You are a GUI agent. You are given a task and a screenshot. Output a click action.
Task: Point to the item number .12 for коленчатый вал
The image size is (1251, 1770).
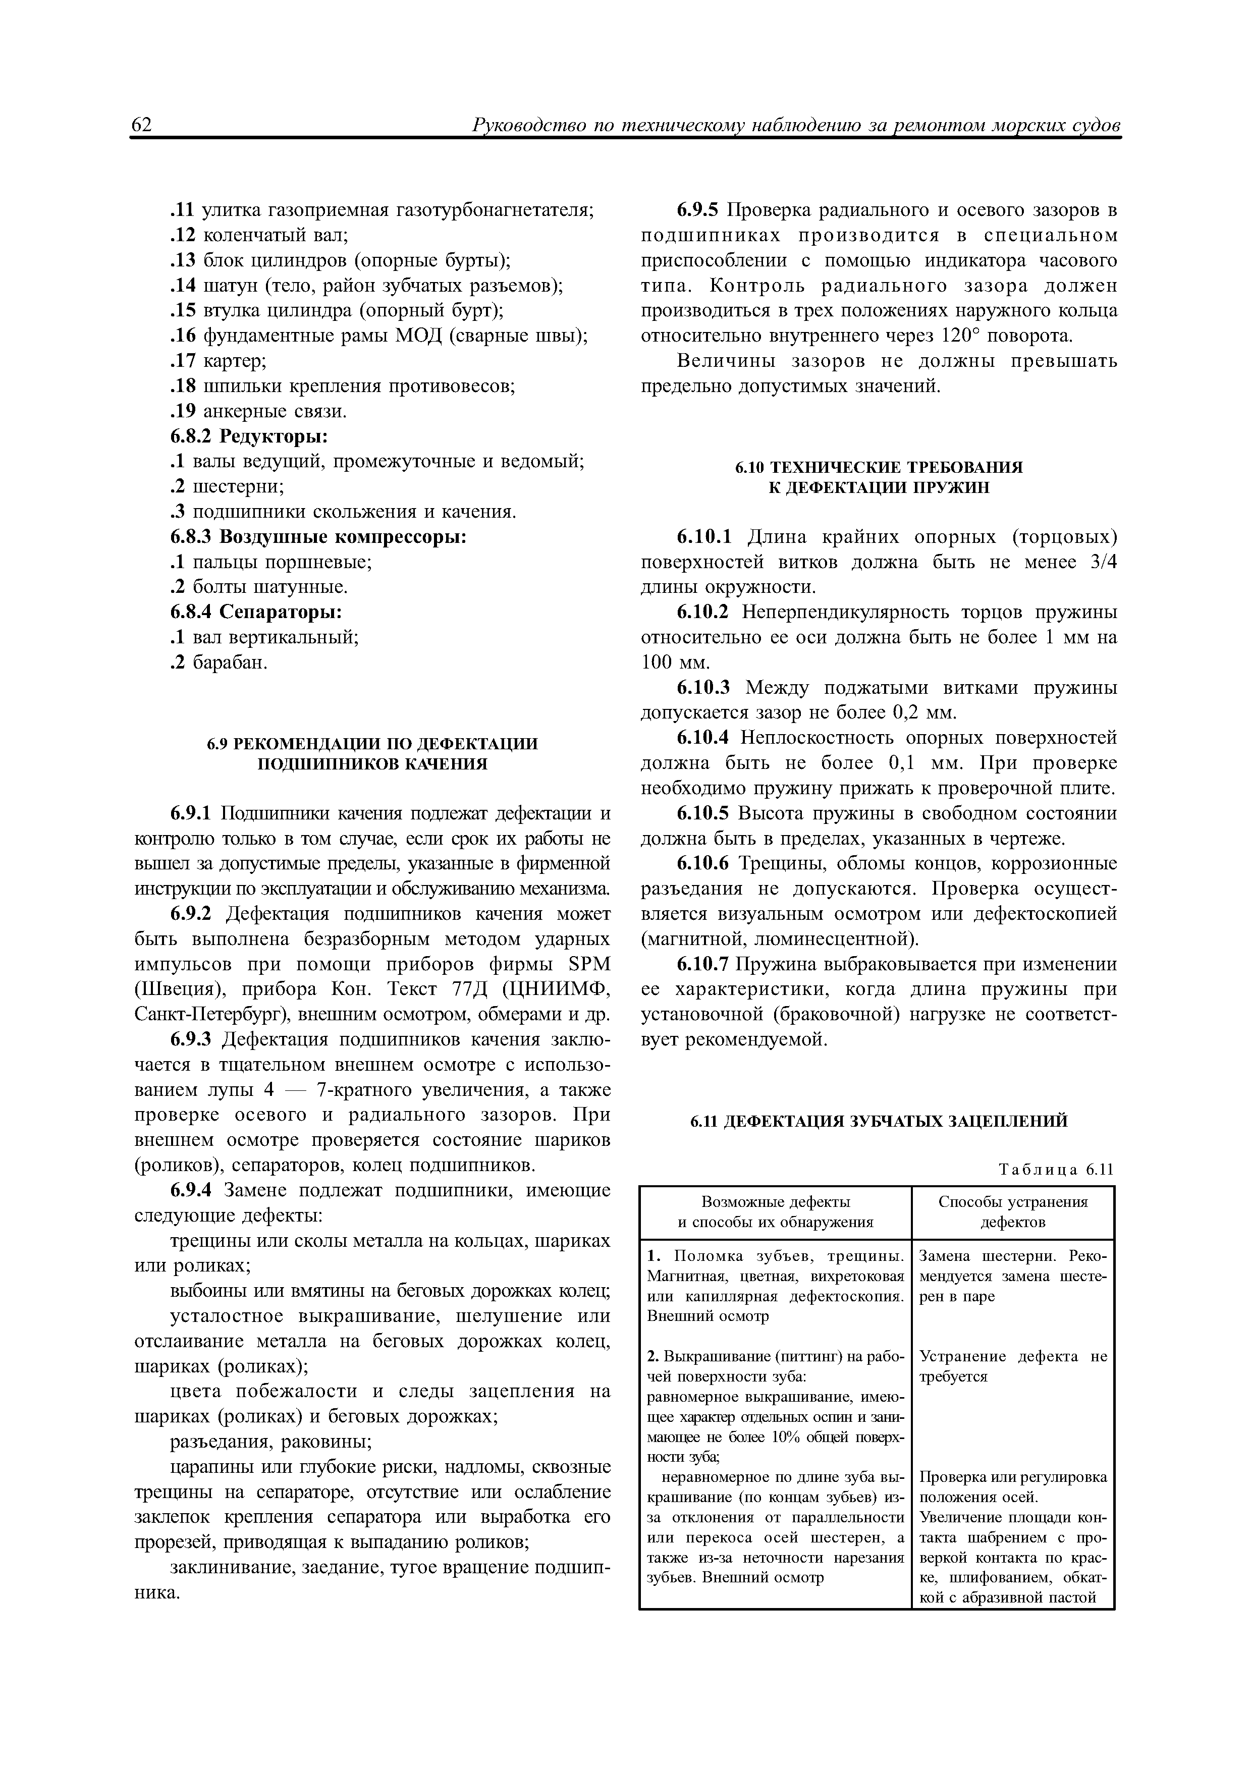pos(183,235)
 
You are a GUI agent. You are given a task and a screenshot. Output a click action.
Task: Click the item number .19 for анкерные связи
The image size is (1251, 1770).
pos(183,412)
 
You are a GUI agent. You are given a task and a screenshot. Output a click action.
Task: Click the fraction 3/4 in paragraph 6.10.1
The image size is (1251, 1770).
pos(1104,563)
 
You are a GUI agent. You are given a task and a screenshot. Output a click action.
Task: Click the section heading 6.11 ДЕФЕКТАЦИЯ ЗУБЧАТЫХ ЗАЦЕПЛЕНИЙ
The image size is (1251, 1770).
pos(878,1122)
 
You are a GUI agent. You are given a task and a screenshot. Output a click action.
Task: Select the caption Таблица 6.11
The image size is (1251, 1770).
pos(1055,1170)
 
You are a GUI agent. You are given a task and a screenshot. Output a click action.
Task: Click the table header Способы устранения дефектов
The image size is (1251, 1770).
pos(1013,1212)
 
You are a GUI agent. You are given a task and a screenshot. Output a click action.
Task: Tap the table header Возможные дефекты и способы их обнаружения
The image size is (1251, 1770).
pos(775,1212)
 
